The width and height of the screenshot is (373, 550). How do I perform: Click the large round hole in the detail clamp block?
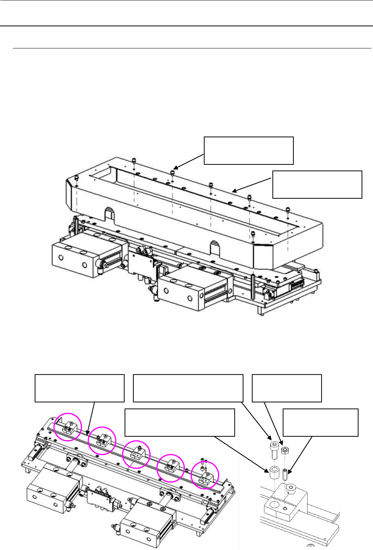274,506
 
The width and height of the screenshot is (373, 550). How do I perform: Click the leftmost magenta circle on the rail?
67,427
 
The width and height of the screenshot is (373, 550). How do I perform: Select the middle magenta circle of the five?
136,454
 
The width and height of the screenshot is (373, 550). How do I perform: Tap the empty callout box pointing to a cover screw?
248,150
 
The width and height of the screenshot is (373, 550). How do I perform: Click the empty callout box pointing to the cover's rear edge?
317,184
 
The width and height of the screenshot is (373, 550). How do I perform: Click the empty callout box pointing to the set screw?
320,422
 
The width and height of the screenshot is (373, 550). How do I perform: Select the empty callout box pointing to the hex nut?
287,388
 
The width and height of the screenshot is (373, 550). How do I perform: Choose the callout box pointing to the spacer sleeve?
179,422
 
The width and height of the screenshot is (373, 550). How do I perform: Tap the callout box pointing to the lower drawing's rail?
79,388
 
